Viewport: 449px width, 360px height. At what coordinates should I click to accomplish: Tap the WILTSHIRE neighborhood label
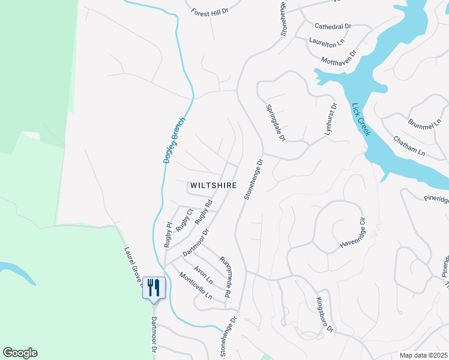[213, 185]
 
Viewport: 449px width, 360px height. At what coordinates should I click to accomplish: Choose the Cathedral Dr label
[333, 26]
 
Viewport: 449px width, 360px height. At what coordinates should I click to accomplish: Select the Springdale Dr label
[275, 124]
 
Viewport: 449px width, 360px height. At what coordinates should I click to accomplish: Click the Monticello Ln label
[196, 286]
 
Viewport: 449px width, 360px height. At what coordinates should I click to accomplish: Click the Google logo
[20, 353]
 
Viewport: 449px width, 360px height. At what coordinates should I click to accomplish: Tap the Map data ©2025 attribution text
[423, 355]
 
